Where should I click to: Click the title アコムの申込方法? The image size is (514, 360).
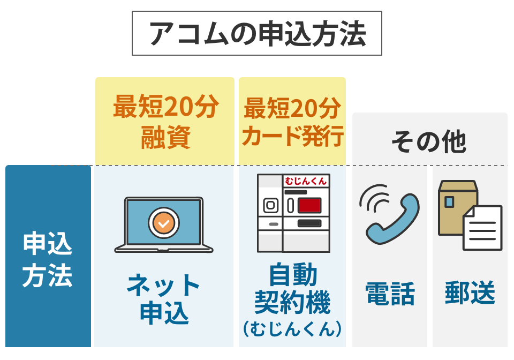coord(257,33)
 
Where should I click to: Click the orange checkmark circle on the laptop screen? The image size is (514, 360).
coord(164,222)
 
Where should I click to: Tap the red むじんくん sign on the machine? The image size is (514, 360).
coord(306,182)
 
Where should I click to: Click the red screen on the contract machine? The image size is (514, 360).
coord(309,205)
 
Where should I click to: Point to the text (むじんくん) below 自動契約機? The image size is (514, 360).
coord(292,328)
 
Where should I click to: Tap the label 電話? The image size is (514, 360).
coord(390,294)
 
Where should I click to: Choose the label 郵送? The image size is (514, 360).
coord(470,294)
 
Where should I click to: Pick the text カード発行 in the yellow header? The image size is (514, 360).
coord(292,137)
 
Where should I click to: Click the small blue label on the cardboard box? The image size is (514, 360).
coord(449,201)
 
